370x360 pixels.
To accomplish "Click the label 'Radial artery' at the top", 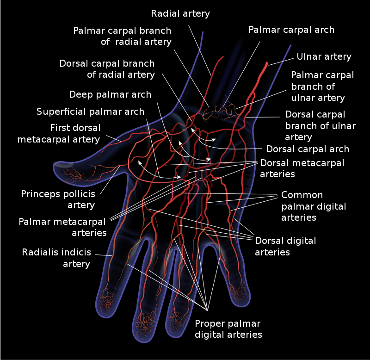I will pyautogui.click(x=180, y=13).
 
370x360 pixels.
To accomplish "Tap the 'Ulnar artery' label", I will pyautogui.click(x=324, y=57).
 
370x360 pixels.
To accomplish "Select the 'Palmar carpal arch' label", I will pyautogui.click(x=291, y=30).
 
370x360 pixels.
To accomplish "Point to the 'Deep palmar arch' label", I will pyautogui.click(x=110, y=94).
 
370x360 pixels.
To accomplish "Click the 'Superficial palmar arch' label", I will pyautogui.click(x=91, y=112).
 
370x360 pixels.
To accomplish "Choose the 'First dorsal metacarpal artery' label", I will pyautogui.click(x=59, y=133).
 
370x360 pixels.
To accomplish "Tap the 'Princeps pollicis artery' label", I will pyautogui.click(x=58, y=199).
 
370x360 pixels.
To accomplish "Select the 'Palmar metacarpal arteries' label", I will pyautogui.click(x=62, y=227).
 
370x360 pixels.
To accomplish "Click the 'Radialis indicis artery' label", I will pyautogui.click(x=56, y=258).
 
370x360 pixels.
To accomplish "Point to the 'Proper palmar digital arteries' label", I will pyautogui.click(x=228, y=329).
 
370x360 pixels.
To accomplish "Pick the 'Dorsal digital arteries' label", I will pyautogui.click(x=285, y=246).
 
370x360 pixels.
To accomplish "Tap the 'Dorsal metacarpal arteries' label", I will pyautogui.click(x=302, y=168).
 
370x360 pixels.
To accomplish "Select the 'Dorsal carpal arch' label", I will pyautogui.click(x=308, y=149).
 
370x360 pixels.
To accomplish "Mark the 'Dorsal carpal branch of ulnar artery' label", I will pyautogui.click(x=320, y=125).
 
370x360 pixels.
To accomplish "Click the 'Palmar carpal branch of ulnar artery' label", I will pyautogui.click(x=322, y=87).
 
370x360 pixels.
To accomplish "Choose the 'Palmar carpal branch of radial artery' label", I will pyautogui.click(x=123, y=36).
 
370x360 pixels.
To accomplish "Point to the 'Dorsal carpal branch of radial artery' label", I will pyautogui.click(x=107, y=68).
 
